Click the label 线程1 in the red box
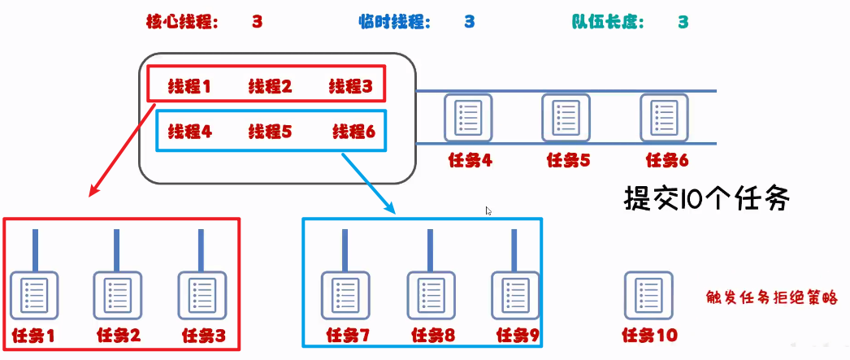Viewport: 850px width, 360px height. point(189,86)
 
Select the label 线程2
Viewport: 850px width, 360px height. point(270,86)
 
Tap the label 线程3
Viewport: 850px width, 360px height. point(350,86)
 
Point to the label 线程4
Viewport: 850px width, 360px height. point(189,131)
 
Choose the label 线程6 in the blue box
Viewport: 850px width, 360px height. point(354,131)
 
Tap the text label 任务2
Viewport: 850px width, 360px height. point(118,335)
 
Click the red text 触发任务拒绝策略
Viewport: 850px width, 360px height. point(771,298)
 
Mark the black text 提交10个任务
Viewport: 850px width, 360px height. point(706,199)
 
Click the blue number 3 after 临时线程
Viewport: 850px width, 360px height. point(470,22)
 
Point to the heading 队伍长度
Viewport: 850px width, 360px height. point(609,22)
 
